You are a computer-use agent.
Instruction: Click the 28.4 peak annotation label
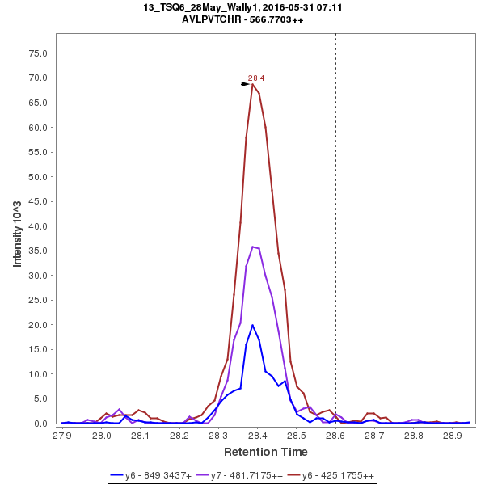pyautogui.click(x=256, y=78)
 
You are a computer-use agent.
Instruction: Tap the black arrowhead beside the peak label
pyautogui.click(x=246, y=83)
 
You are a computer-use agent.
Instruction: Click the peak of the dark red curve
pyautogui.click(x=253, y=84)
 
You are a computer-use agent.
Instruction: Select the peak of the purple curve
pyautogui.click(x=253, y=247)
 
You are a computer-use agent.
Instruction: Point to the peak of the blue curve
pyautogui.click(x=253, y=325)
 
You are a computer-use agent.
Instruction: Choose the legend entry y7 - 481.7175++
pyautogui.click(x=241, y=475)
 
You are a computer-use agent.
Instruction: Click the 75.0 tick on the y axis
pyautogui.click(x=40, y=53)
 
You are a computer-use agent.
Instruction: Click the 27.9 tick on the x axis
pyautogui.click(x=62, y=435)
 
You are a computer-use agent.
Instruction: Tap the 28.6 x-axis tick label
pyautogui.click(x=335, y=435)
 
